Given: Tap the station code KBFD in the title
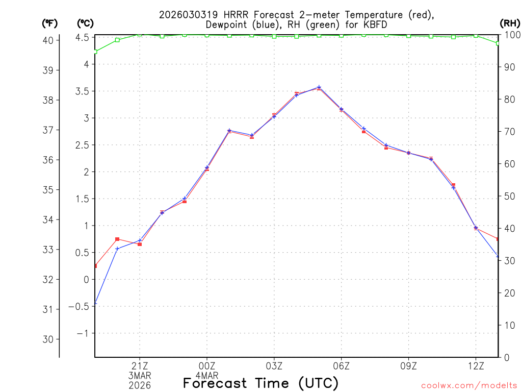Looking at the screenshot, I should coord(378,24).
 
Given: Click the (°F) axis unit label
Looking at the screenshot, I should coord(50,23).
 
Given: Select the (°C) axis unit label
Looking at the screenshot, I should coord(85,23).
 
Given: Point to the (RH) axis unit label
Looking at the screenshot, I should coord(510,23).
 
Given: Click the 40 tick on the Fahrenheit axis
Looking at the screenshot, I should coord(50,40).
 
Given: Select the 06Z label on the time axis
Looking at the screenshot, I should coord(341,365).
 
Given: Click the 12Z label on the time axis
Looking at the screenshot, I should coord(476,365).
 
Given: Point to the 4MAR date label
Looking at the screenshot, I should coord(207,375).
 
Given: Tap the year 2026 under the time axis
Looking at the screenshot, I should coord(140,385).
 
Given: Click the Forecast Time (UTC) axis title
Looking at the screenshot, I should coord(260,383).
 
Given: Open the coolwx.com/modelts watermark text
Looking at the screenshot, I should coord(469,385).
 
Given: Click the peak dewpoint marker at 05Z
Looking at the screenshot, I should coord(319,87).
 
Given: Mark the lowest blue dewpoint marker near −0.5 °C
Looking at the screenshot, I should coord(95,304).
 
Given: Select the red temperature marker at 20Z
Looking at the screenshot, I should coord(117,239).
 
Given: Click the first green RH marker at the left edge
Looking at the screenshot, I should coord(95,52).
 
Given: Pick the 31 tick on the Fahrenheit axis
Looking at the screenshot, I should coord(50,309).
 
